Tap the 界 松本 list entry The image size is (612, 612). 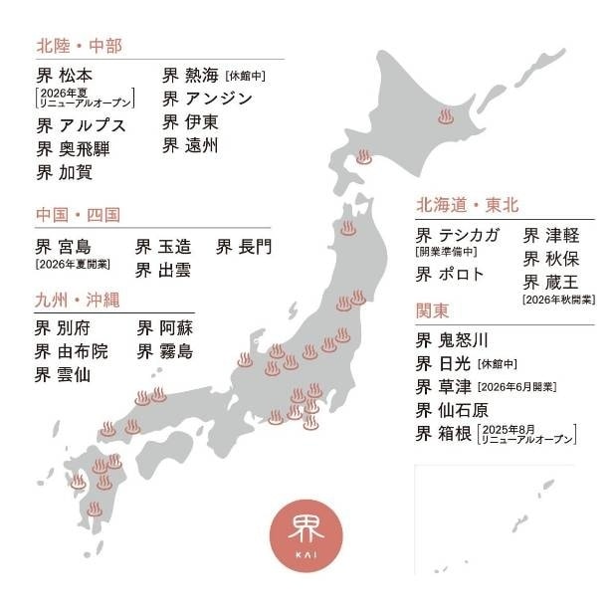tap(67, 76)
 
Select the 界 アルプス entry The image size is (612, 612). tap(81, 125)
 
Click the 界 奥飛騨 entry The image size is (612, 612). tap(74, 149)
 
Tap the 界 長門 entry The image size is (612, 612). tap(244, 246)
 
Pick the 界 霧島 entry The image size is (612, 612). tap(165, 351)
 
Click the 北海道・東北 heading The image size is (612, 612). tap(467, 205)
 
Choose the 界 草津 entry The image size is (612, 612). tap(445, 386)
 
